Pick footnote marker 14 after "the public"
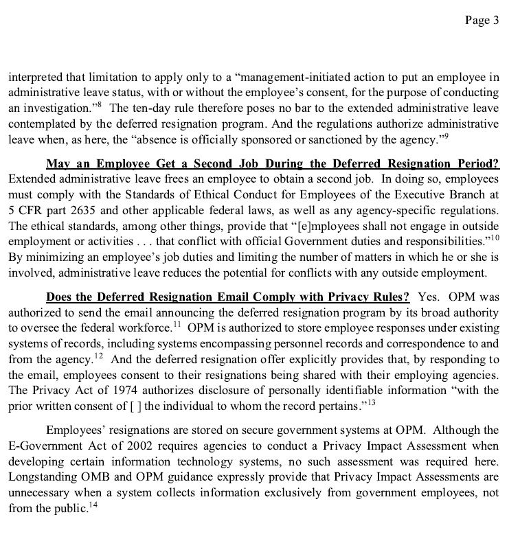click(94, 505)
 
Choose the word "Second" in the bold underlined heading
click(225, 165)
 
